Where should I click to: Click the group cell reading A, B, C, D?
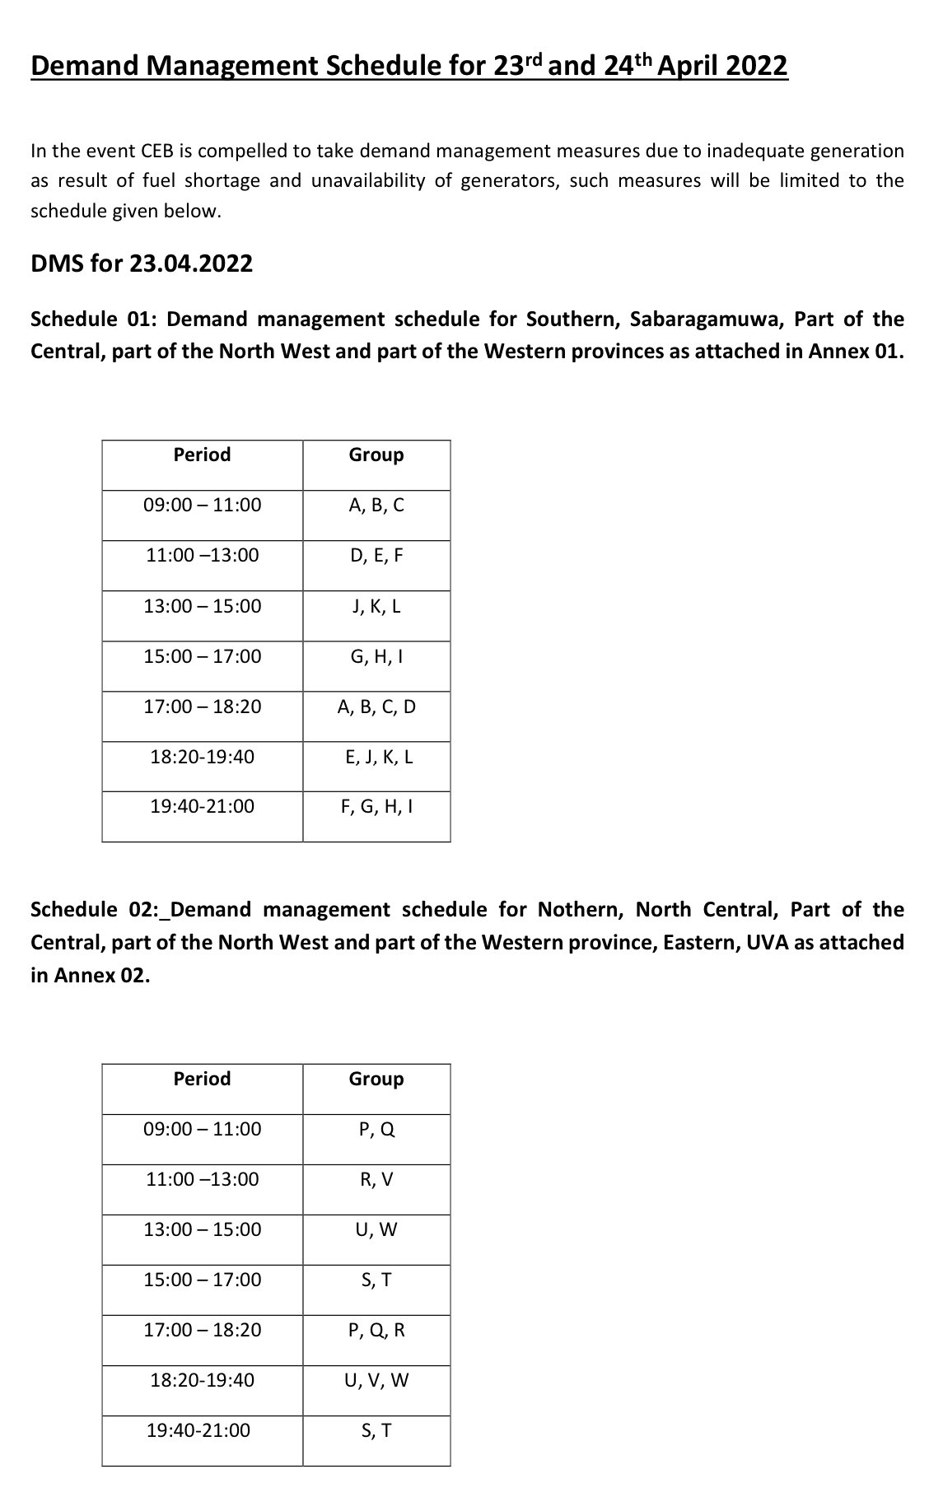[376, 707]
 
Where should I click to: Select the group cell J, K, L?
[376, 607]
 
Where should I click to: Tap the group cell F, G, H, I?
[376, 806]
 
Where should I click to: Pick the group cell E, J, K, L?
[376, 757]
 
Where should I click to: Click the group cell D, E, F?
[376, 556]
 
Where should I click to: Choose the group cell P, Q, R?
[376, 1330]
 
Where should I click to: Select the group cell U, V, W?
[376, 1380]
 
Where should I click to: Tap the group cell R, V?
[376, 1179]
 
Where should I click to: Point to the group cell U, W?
[376, 1229]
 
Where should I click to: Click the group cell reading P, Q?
[376, 1129]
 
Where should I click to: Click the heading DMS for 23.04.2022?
[142, 263]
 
